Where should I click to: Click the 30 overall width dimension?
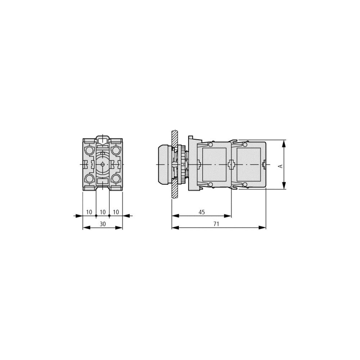[x=103, y=224]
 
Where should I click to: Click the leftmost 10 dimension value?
[x=89, y=212]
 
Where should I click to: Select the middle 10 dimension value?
[x=103, y=212]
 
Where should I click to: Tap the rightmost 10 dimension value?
[x=116, y=212]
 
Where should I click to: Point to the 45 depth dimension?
[x=202, y=212]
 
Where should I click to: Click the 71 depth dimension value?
[x=216, y=224]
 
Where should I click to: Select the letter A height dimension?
[x=280, y=166]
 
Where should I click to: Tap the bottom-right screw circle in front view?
[x=116, y=178]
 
